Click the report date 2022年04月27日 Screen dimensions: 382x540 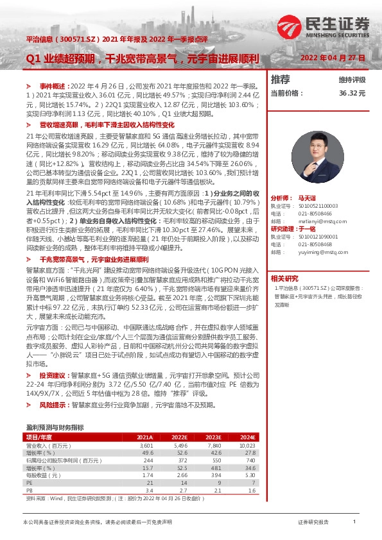[333, 58]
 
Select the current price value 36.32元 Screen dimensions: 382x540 [352, 93]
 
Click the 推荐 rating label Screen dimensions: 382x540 [280, 80]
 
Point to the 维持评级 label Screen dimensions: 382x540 [352, 80]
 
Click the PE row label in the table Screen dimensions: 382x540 [29, 482]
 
